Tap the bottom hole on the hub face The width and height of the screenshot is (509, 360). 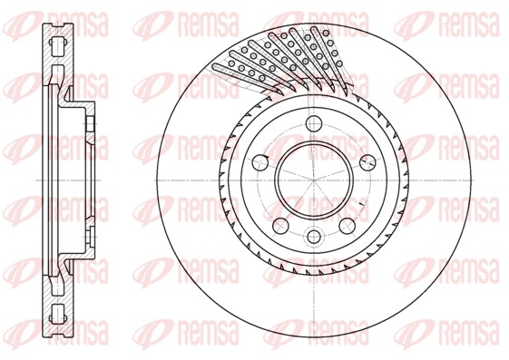point(313,238)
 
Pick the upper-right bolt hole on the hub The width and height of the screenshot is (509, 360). point(367,161)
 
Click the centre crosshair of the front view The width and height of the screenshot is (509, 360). point(313,180)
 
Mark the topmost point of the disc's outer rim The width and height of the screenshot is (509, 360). point(313,13)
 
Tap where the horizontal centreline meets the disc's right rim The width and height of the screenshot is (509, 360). point(480,180)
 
